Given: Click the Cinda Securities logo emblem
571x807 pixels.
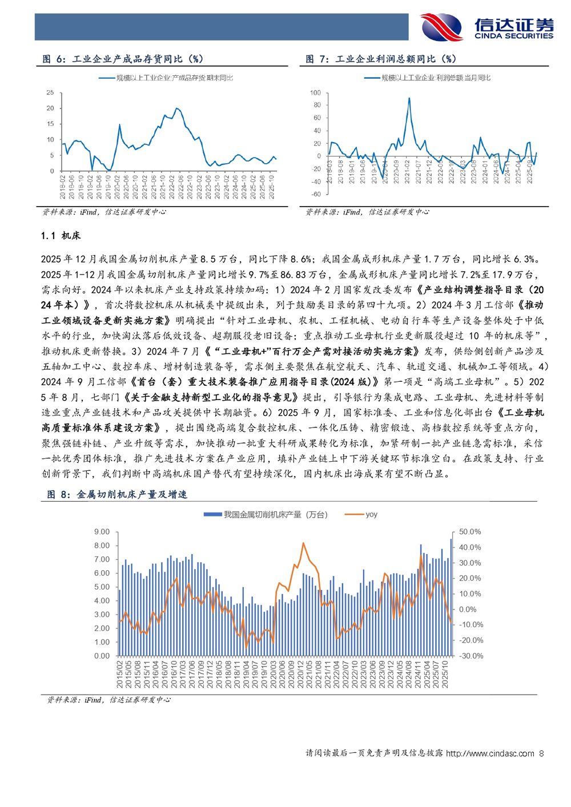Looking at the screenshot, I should point(441,27).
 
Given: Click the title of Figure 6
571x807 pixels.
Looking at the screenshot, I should point(123,59).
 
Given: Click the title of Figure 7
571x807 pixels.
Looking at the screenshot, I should point(381,59).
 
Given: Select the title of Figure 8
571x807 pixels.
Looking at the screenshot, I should point(116,494).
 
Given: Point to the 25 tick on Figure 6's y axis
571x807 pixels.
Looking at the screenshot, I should point(50,92).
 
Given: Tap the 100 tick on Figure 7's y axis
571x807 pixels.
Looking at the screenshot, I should point(315,92).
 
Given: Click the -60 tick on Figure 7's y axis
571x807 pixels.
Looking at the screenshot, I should point(315,194).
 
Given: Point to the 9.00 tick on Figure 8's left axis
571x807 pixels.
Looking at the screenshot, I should point(102,532).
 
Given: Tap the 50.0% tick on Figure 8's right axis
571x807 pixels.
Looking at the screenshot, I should point(470,532).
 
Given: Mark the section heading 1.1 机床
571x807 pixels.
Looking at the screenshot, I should point(61,236).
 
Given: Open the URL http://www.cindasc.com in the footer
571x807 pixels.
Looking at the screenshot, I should point(490,753).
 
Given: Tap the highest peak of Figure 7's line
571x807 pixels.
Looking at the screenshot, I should point(409,98).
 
